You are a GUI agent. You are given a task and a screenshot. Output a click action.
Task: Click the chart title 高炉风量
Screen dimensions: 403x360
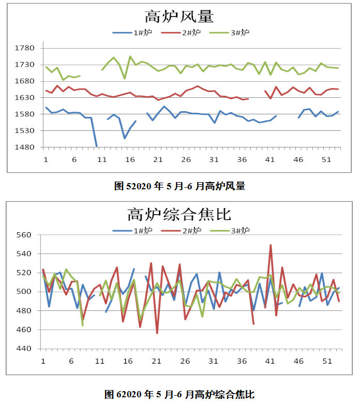pos(179,17)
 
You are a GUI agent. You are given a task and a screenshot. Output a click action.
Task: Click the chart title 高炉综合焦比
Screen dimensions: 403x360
pos(179,214)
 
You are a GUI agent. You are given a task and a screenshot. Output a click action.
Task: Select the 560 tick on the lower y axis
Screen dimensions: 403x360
pos(26,235)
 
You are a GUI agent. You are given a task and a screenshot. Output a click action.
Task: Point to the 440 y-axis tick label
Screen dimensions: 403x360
pos(26,349)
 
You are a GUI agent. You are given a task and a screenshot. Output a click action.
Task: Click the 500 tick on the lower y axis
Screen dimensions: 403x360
pos(26,292)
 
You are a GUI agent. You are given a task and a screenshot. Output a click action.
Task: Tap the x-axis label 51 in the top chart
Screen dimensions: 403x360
pos(326,160)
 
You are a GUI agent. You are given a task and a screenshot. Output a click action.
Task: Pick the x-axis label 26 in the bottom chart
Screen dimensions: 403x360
pos(185,361)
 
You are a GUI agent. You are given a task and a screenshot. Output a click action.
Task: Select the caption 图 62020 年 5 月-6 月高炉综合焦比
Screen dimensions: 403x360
pos(179,394)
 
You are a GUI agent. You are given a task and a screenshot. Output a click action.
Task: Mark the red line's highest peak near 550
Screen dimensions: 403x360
pos(271,245)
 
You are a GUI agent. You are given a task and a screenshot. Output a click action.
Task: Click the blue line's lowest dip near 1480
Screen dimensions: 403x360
pos(96,146)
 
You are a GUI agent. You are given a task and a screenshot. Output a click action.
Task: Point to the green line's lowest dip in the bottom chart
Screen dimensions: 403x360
pos(83,325)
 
